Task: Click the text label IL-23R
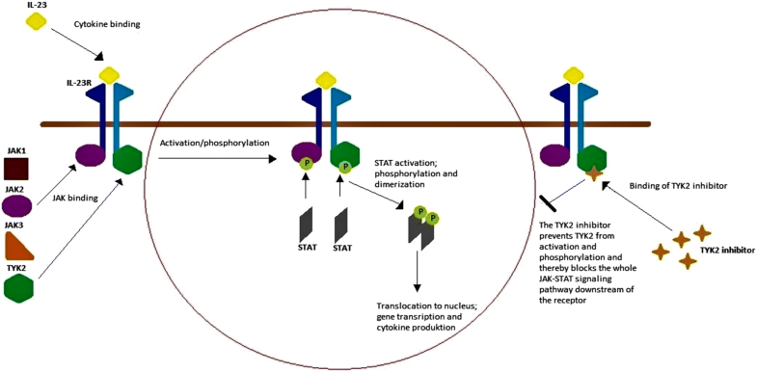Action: point(80,85)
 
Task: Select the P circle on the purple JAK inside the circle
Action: point(308,164)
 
